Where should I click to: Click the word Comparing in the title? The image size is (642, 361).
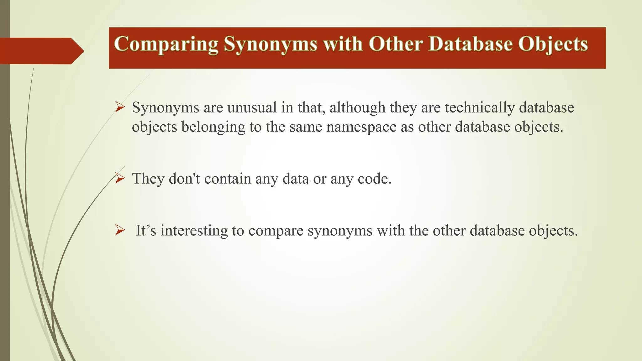click(166, 44)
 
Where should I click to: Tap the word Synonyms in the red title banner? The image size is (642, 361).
click(270, 44)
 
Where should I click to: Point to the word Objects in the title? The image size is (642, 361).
click(553, 44)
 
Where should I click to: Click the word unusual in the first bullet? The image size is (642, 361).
click(252, 107)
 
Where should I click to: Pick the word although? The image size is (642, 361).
click(357, 107)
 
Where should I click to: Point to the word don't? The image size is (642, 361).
click(184, 179)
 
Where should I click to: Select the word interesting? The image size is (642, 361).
click(194, 231)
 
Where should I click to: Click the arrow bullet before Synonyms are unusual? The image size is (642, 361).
click(120, 107)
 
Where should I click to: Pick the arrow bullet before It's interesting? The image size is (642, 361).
click(120, 230)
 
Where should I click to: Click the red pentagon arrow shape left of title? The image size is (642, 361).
click(41, 51)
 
